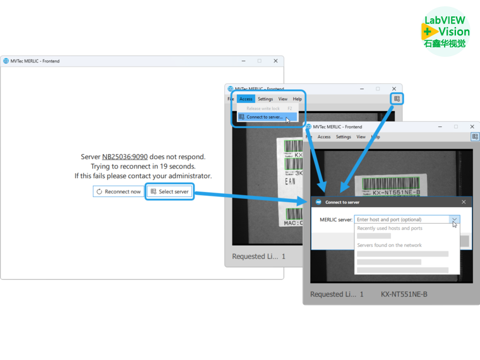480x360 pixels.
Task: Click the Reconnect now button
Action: tap(119, 191)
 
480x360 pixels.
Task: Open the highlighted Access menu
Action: tap(246, 99)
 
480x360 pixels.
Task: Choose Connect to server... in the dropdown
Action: tap(264, 117)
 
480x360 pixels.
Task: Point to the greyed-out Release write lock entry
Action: tap(263, 109)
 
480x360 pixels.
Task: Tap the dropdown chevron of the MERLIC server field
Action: tap(453, 220)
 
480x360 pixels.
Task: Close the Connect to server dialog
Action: tap(464, 202)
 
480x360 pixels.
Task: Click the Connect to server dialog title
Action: tap(342, 202)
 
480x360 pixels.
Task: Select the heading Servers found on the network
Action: tap(389, 245)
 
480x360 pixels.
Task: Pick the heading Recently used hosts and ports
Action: tap(390, 228)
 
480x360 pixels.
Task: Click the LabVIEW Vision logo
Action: tap(445, 31)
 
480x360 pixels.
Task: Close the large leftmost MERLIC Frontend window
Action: tap(275, 61)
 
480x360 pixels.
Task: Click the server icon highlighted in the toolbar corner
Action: tap(397, 99)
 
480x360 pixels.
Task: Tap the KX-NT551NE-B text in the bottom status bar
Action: tap(404, 294)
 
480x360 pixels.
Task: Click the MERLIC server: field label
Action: tap(335, 220)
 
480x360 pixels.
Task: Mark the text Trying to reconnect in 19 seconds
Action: tap(143, 166)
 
